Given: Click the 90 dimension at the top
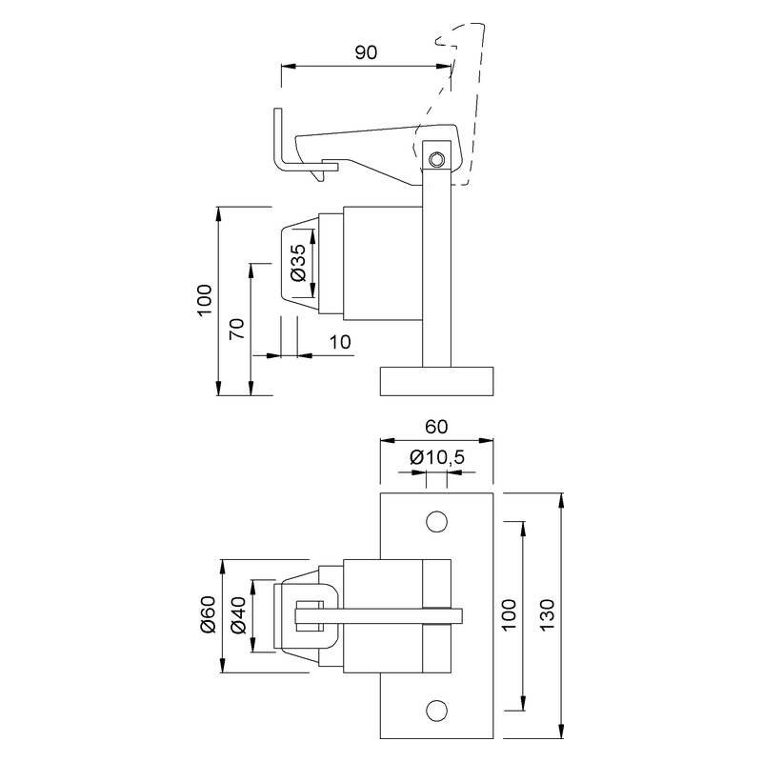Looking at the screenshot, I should (x=365, y=52).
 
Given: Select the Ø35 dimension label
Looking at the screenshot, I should (x=297, y=262).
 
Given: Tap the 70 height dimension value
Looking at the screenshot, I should (x=238, y=329).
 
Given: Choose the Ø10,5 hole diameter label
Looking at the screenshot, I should (x=437, y=458).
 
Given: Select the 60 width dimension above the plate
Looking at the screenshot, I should (x=437, y=426).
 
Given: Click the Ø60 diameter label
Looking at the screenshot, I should (x=207, y=614).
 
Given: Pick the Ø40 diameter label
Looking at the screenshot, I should (x=238, y=615).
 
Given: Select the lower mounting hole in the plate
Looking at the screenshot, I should (x=437, y=710).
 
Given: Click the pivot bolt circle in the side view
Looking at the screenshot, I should (x=436, y=158).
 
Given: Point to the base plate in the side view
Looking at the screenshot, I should (x=437, y=380).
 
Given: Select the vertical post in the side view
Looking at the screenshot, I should (x=436, y=276).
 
